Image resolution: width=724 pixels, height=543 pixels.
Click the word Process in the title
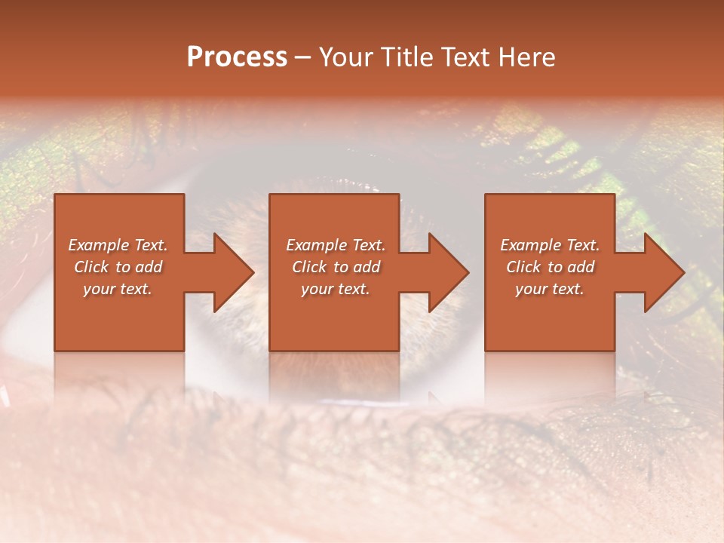click(237, 57)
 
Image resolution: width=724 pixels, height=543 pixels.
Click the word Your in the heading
click(348, 57)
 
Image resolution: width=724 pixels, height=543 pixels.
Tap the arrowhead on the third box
click(663, 272)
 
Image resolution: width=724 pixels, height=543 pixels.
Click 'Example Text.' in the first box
click(118, 245)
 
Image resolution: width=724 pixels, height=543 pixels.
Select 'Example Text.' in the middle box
click(336, 245)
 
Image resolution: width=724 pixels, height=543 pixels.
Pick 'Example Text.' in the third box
click(550, 245)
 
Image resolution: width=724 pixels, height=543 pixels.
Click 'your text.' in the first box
click(118, 289)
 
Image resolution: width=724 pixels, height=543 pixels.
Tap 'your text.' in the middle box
click(336, 289)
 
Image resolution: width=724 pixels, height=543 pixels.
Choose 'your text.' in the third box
click(550, 289)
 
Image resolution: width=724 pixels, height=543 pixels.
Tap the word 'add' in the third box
click(581, 267)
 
